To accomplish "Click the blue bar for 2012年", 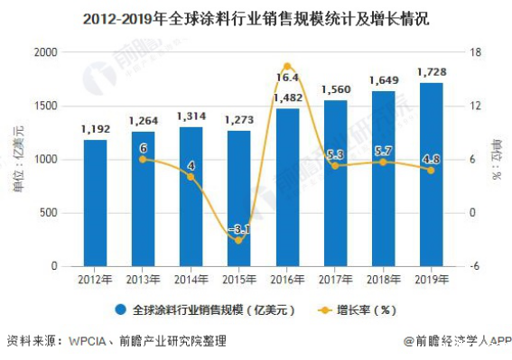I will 95,204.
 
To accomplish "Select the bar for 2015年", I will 239,199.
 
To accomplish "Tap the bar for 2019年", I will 430,175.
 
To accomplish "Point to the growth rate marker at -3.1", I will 239,240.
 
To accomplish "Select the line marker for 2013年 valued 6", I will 143,159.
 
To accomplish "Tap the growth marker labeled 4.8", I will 430,170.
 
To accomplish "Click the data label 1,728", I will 430,71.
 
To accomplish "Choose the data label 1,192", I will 95,129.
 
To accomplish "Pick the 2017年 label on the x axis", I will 335,280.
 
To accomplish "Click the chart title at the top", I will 256,16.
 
